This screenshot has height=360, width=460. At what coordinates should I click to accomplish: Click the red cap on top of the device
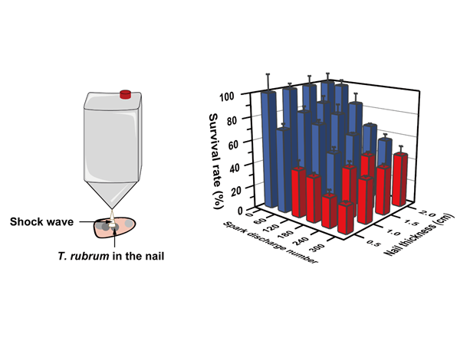click(x=127, y=95)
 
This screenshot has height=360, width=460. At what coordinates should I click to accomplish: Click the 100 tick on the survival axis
click(x=247, y=97)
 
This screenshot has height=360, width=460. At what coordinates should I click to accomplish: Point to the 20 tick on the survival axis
click(x=250, y=188)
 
